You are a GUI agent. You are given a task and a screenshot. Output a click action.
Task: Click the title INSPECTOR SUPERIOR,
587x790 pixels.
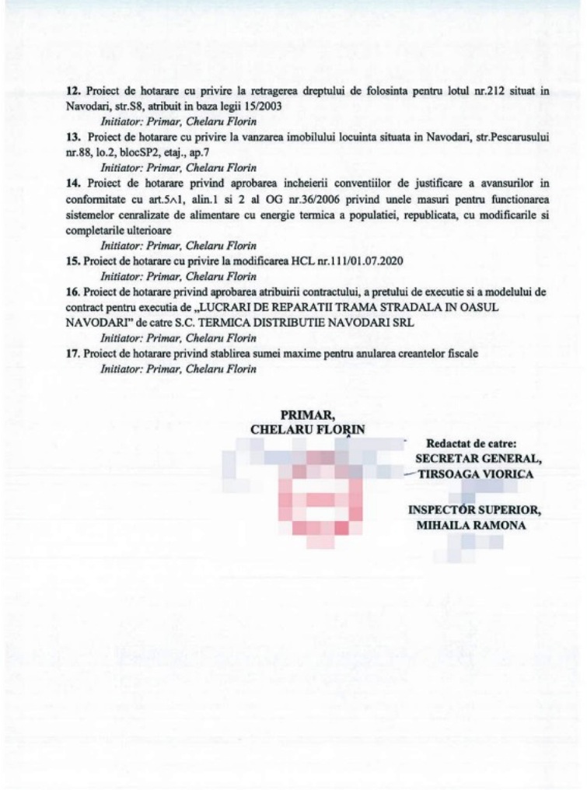coord(474,510)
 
